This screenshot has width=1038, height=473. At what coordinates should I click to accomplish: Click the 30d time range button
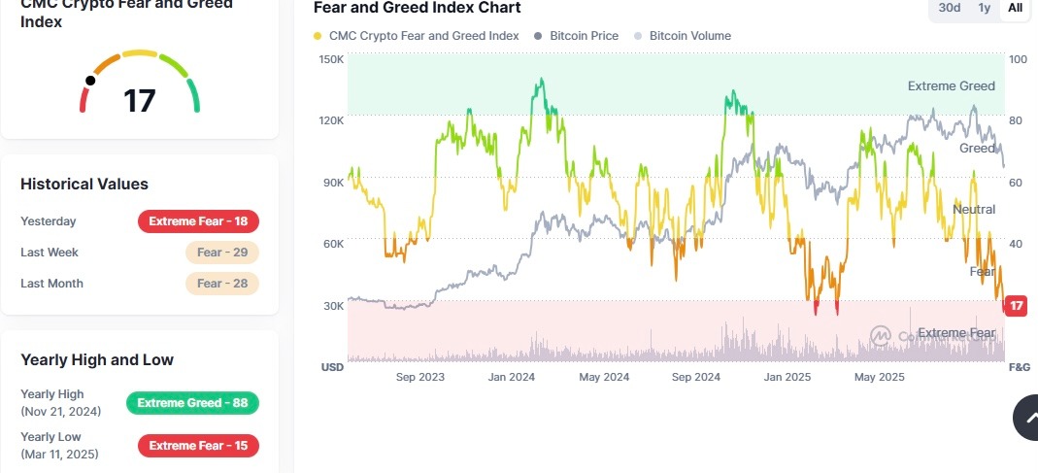coord(949,8)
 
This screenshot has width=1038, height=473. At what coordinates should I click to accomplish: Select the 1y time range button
coord(984,8)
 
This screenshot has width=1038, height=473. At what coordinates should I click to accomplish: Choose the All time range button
coord(1015,8)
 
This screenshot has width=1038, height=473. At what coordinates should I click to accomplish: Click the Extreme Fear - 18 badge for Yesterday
coord(198,221)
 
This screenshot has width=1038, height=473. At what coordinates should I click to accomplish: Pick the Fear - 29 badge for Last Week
coord(221,253)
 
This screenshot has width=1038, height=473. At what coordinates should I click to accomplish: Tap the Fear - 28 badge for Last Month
coord(221,284)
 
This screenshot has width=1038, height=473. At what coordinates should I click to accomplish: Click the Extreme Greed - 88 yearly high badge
coord(192,403)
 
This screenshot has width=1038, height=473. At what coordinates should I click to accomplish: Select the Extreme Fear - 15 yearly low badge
coord(198,446)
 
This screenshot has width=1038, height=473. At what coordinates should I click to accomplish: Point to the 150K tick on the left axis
coord(331,59)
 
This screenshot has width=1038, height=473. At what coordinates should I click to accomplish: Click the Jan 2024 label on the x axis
coord(511,377)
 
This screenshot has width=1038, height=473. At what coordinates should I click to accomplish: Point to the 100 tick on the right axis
coord(1018,59)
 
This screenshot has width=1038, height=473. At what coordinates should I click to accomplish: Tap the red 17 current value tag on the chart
coord(1017,306)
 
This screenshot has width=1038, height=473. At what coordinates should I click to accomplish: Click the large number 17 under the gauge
coord(140,101)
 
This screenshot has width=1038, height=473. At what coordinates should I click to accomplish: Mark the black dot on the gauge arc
coord(90,81)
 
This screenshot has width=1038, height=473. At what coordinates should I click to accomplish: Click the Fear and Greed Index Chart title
coord(417,8)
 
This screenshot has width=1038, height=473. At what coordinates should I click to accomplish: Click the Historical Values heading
coord(84,184)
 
